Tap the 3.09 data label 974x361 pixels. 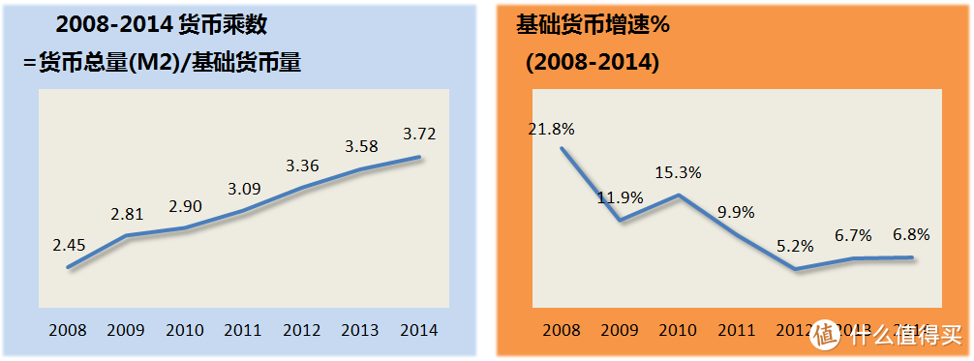click(x=244, y=188)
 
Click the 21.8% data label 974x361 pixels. click(x=552, y=128)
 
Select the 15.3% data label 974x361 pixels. click(x=678, y=171)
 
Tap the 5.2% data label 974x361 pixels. click(x=797, y=248)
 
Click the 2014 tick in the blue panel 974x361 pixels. click(x=418, y=331)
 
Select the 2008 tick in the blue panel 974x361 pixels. click(x=67, y=331)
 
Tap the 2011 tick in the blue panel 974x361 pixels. click(x=242, y=331)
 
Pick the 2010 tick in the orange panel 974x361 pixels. click(x=680, y=331)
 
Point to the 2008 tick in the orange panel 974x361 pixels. click(x=562, y=331)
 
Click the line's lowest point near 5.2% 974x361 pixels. click(x=795, y=269)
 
